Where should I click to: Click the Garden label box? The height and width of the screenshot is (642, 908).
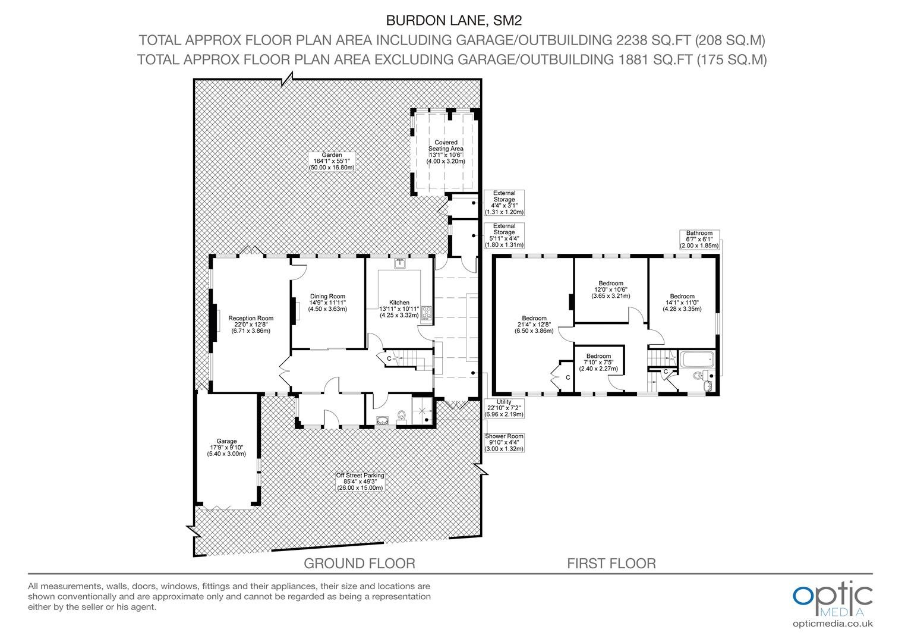tap(332, 162)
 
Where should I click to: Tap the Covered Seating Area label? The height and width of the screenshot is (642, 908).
tap(446, 152)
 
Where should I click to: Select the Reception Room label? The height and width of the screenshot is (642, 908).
tap(251, 325)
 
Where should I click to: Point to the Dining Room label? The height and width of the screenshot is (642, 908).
tap(327, 303)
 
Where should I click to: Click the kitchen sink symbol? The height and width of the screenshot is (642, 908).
tap(400, 263)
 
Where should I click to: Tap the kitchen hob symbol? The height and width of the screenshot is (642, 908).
tap(427, 313)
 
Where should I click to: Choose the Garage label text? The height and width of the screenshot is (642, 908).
tap(226, 448)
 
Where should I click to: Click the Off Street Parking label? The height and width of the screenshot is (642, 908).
tap(360, 481)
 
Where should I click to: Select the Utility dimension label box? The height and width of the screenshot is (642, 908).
tap(504, 408)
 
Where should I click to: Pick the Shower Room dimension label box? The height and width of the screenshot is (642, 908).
tap(504, 442)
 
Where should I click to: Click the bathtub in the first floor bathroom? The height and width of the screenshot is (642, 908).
tap(696, 359)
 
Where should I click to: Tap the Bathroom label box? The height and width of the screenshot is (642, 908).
tap(699, 240)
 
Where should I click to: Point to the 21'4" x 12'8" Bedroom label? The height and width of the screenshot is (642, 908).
tap(534, 325)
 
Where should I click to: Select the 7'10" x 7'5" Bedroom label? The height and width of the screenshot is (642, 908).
tap(598, 362)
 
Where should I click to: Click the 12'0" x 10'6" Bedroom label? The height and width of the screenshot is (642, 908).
tap(611, 289)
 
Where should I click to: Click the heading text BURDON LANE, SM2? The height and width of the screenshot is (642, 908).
tap(454, 20)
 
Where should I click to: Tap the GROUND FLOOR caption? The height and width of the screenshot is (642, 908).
tap(360, 564)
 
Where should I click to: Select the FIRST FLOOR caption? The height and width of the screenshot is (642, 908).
tap(611, 564)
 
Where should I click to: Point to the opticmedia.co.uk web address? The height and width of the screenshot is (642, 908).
tap(833, 624)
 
